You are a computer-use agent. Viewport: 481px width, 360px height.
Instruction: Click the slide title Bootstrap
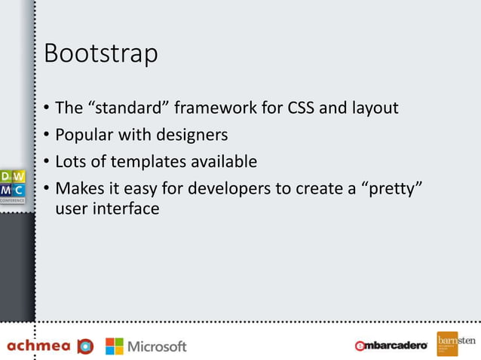pyautogui.click(x=101, y=55)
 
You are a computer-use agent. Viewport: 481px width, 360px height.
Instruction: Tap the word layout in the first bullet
pyautogui.click(x=374, y=108)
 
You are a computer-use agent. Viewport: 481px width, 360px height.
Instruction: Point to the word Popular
pyautogui.click(x=87, y=136)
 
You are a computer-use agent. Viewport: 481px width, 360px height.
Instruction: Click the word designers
pyautogui.click(x=191, y=136)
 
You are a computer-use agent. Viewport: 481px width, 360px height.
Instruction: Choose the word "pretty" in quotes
pyautogui.click(x=391, y=188)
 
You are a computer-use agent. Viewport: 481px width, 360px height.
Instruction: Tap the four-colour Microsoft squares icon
pyautogui.click(x=114, y=346)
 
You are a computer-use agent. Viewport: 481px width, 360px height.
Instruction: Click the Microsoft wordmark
pyautogui.click(x=157, y=346)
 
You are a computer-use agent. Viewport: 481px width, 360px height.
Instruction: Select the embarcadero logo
pyautogui.click(x=391, y=346)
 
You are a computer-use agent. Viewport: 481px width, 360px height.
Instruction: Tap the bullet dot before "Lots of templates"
pyautogui.click(x=47, y=163)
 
